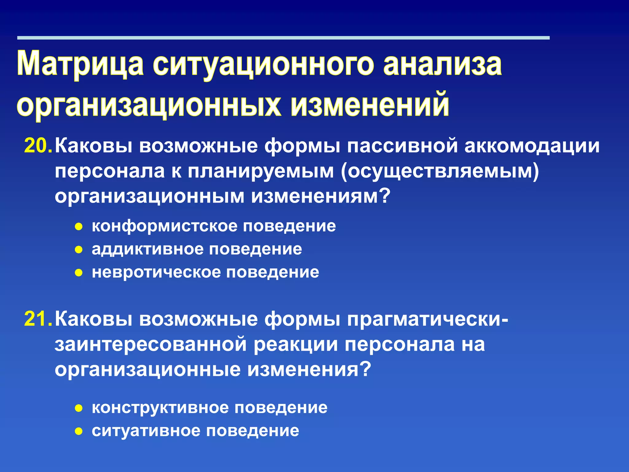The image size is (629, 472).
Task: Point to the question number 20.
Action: click(x=38, y=146)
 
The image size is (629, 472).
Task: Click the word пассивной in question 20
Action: click(x=402, y=146)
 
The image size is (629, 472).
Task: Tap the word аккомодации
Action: click(x=532, y=146)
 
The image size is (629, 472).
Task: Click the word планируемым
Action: click(x=261, y=171)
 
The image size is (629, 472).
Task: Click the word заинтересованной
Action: click(x=150, y=344)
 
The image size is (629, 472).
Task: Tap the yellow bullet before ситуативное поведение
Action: click(x=79, y=431)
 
